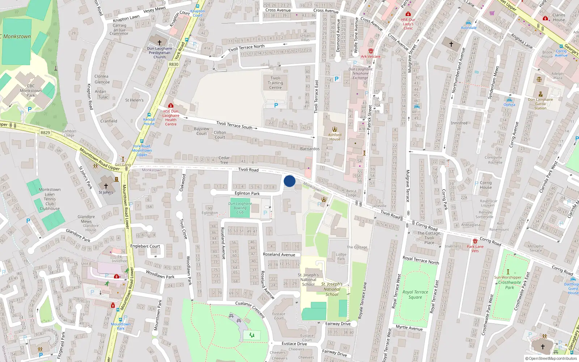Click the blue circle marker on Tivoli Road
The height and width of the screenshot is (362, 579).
tap(289, 181)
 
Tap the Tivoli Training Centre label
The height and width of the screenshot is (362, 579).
tap(275, 83)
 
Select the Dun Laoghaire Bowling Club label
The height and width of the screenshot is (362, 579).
tap(240, 208)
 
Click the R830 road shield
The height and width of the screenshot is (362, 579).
tap(174, 64)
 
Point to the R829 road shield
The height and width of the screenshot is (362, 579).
tap(45, 133)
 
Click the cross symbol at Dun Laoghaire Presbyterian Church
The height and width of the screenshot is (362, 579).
tap(159, 42)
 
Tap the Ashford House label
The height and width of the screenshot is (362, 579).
tap(335, 137)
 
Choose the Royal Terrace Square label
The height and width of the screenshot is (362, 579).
tap(415, 295)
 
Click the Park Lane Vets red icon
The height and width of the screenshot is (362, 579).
tap(475, 241)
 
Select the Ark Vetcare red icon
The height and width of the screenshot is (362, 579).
tap(371, 51)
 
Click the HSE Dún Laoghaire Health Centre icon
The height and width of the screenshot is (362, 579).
tap(171, 105)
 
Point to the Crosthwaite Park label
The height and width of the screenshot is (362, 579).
tap(510, 285)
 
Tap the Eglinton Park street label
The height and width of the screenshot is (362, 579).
tap(247, 193)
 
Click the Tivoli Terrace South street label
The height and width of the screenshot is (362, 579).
tap(234, 125)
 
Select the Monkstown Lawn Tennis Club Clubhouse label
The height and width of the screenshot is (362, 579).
tap(50, 199)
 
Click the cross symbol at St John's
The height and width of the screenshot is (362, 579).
tap(106, 186)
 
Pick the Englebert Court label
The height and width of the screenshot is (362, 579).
tap(145, 246)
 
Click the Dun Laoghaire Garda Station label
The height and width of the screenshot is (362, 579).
tap(540, 104)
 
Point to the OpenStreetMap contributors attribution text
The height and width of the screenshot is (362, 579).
tap(551, 358)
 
